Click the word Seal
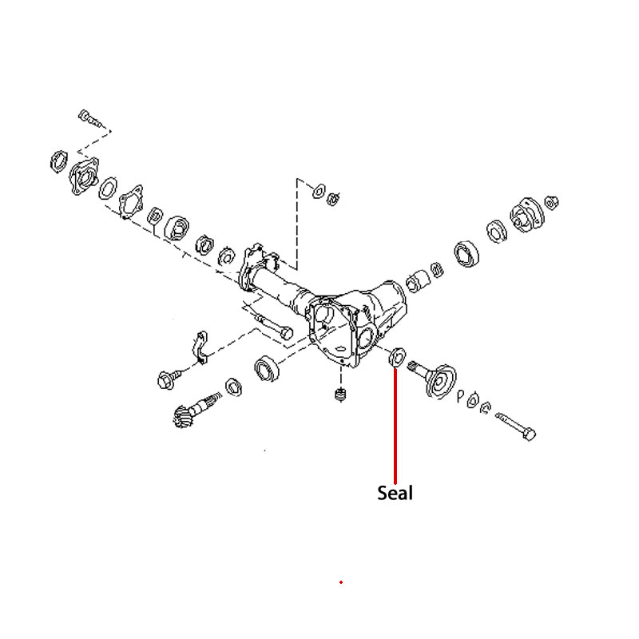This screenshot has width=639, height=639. (395, 493)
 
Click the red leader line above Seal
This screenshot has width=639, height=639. (395, 426)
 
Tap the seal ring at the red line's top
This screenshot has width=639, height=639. (397, 357)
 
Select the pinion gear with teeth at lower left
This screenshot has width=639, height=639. (196, 410)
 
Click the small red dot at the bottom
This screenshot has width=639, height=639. (341, 582)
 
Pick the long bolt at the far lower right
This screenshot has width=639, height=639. (516, 427)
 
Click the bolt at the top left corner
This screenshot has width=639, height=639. (89, 118)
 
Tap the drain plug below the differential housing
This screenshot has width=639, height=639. (341, 395)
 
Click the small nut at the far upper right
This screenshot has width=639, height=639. (551, 202)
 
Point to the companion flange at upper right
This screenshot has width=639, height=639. (527, 215)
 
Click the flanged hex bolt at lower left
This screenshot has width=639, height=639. (169, 379)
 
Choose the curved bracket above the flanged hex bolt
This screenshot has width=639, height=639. (200, 347)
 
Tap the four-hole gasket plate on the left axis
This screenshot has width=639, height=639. (131, 201)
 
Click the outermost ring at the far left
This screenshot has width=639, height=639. (58, 161)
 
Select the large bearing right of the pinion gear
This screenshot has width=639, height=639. (267, 368)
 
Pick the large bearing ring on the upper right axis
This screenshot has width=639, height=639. (466, 253)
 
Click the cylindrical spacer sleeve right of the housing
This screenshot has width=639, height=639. (418, 281)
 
